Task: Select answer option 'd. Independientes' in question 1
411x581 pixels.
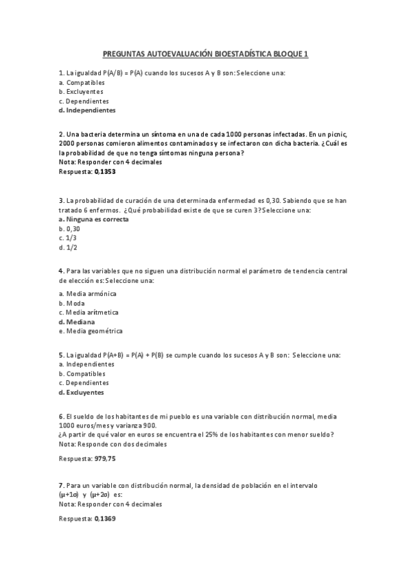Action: coord(87,110)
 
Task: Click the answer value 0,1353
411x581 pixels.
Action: coord(105,173)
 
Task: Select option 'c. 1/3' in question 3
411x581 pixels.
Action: coord(68,238)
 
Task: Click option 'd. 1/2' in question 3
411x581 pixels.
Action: coord(68,247)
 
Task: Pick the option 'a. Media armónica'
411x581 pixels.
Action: coord(88,293)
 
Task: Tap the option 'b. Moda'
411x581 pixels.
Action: coord(72,303)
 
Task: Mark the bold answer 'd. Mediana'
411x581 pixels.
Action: coord(77,321)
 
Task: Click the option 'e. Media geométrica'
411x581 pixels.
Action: coord(91,331)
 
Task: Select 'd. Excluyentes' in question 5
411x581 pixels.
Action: coord(82,393)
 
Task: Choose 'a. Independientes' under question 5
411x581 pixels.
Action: coord(86,364)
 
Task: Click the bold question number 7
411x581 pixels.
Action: coord(61,486)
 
